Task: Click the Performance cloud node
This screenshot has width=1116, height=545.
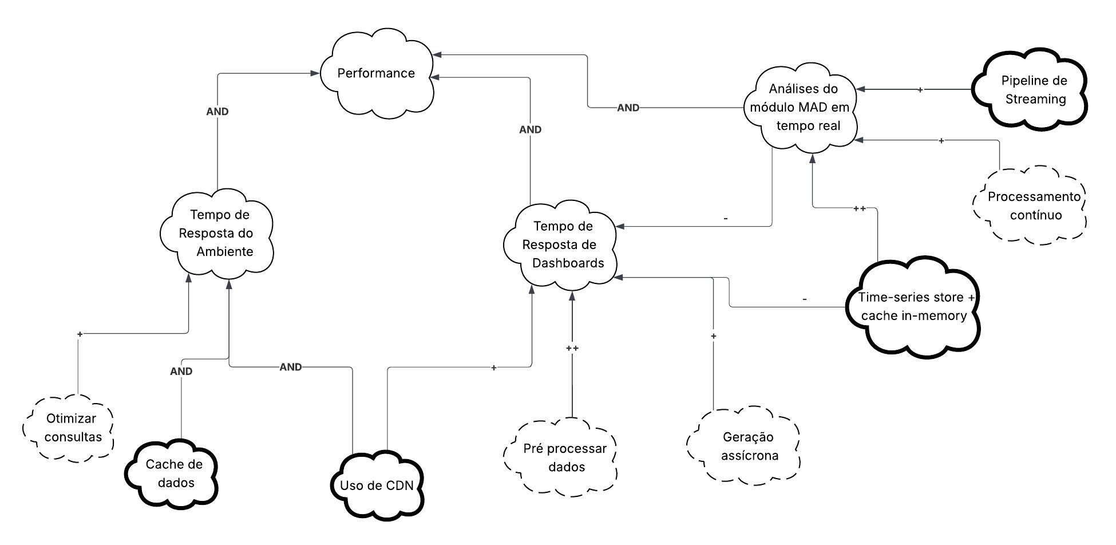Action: [376, 73]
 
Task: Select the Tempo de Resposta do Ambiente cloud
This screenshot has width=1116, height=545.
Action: [217, 233]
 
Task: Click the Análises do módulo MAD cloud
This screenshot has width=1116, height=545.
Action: [802, 107]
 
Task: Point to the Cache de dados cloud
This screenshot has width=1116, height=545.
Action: [173, 473]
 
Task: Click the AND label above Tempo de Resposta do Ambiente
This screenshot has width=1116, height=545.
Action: [217, 112]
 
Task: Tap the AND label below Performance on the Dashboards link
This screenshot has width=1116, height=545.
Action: [530, 130]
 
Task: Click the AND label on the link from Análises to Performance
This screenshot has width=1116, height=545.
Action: [628, 108]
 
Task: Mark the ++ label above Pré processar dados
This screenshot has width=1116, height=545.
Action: [572, 348]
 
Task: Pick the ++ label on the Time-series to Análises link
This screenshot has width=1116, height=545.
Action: [859, 208]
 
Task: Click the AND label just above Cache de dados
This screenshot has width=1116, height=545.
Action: [181, 372]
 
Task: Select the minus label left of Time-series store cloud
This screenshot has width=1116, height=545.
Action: [805, 299]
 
